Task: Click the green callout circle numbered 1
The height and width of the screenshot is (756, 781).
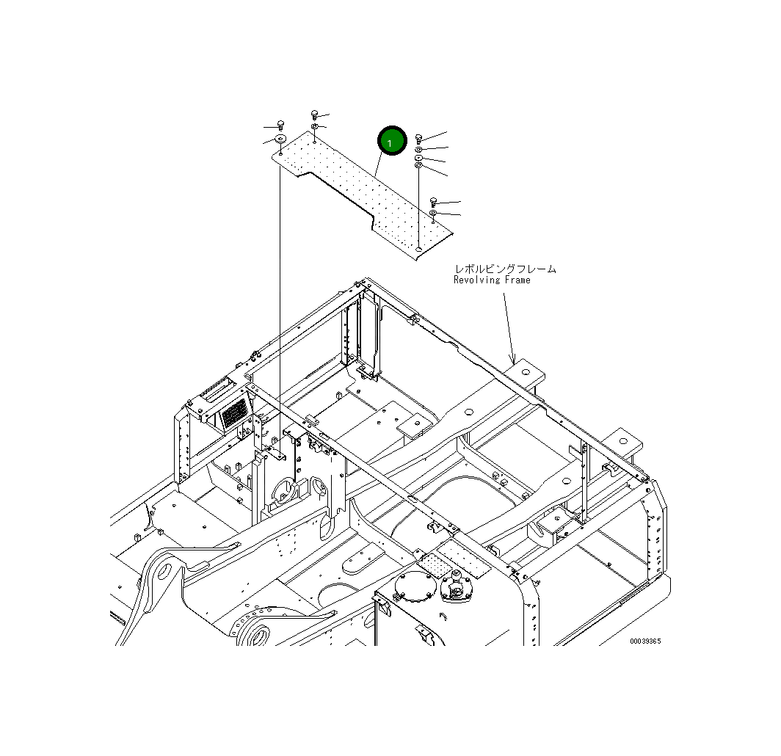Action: coord(391,140)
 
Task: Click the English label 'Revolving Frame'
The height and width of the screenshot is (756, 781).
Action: coord(491,280)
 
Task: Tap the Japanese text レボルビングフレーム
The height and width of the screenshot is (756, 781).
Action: coord(504,269)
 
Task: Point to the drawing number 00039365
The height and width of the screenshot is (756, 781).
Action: coord(644,641)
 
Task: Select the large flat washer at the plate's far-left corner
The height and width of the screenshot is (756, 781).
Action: coord(280,139)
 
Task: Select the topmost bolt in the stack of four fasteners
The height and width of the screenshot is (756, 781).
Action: coord(418,137)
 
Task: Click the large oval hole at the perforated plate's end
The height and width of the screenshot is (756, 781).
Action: coord(418,250)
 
